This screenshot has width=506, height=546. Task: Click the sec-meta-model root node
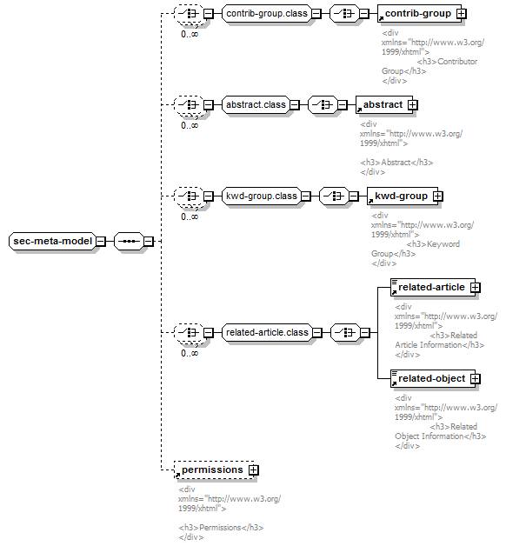point(52,241)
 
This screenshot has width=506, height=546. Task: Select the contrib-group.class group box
point(267,14)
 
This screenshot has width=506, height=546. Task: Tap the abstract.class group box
point(256,105)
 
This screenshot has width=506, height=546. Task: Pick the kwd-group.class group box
point(261,196)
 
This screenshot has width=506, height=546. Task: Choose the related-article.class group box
point(267,332)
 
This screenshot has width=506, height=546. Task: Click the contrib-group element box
point(419,14)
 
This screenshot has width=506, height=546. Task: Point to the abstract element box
point(384,105)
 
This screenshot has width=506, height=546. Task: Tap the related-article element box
point(433,287)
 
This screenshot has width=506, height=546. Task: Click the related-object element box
point(433,378)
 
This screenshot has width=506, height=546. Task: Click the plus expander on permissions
point(254,470)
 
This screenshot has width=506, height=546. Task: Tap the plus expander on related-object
point(476,378)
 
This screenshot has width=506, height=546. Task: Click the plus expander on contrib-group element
point(462,14)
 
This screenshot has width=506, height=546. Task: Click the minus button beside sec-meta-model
point(101,241)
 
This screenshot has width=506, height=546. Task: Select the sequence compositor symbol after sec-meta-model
point(129,241)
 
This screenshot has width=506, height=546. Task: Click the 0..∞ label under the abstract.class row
point(190,125)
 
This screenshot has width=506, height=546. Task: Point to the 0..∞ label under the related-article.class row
point(190,353)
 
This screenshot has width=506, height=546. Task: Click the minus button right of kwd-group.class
point(306,196)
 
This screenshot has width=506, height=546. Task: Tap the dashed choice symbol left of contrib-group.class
point(189,14)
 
